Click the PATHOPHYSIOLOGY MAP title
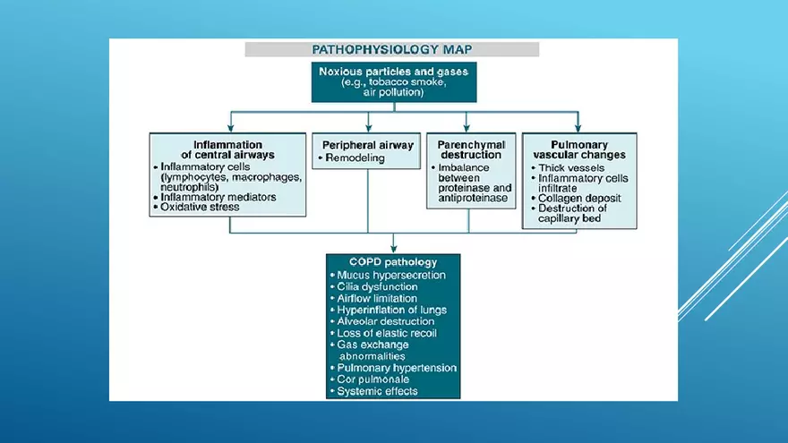pyautogui.click(x=392, y=49)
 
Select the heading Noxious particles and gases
pyautogui.click(x=393, y=70)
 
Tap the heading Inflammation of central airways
pyautogui.click(x=227, y=149)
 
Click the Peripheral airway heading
pyautogui.click(x=367, y=144)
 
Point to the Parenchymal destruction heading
pyautogui.click(x=471, y=149)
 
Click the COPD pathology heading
pyautogui.click(x=393, y=262)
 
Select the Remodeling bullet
pyautogui.click(x=355, y=158)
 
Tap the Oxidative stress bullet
pyautogui.click(x=200, y=207)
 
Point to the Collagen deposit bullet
pyautogui.click(x=579, y=198)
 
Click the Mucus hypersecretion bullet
pyautogui.click(x=391, y=275)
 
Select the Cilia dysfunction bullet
pyautogui.click(x=381, y=286)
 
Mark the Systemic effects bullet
pyautogui.click(x=377, y=391)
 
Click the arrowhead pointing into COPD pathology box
pyautogui.click(x=393, y=248)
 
